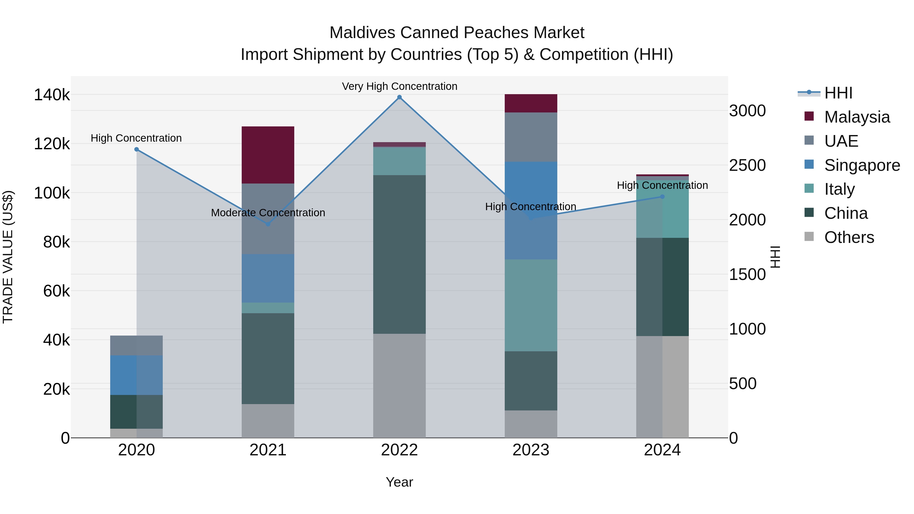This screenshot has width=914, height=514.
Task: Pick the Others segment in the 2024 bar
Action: pyautogui.click(x=662, y=387)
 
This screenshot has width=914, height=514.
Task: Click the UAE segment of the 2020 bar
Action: pyautogui.click(x=136, y=345)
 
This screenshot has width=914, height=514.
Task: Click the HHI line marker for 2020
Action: pyautogui.click(x=137, y=149)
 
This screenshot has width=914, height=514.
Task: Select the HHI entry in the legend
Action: pyautogui.click(x=838, y=93)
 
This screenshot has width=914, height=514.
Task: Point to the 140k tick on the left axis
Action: pyautogui.click(x=52, y=95)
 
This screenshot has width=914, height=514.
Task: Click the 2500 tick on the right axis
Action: pyautogui.click(x=747, y=165)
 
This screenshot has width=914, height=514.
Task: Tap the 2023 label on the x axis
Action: pyautogui.click(x=531, y=450)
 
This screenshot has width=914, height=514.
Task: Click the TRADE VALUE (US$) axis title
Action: pyautogui.click(x=8, y=257)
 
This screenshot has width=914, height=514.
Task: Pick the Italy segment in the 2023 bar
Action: pyautogui.click(x=531, y=305)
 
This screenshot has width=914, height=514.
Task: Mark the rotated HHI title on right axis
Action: pyautogui.click(x=776, y=257)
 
